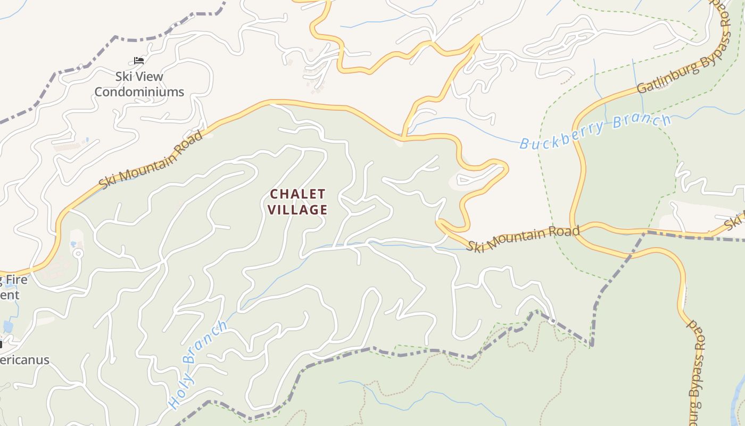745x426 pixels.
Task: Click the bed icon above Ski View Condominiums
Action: click(x=139, y=61)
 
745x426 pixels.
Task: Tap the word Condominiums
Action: click(x=139, y=92)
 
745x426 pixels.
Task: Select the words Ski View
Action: click(x=139, y=77)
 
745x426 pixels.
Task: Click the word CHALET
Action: click(x=297, y=194)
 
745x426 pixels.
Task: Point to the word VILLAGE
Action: click(x=297, y=210)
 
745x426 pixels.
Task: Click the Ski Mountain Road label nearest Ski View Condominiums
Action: click(x=151, y=159)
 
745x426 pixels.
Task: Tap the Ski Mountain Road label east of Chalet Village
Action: click(x=523, y=238)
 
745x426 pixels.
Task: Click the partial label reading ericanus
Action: click(x=24, y=360)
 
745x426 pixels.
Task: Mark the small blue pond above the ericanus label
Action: click(x=7, y=326)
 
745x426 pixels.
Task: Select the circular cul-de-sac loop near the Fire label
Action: click(x=78, y=253)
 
